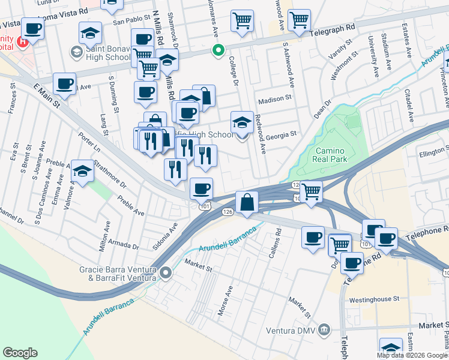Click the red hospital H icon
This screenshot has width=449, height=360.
click(x=22, y=42)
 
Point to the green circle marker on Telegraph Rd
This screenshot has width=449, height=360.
click(x=219, y=50)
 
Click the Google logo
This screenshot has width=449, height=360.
click(x=20, y=353)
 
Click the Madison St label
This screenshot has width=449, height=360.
click(x=274, y=97)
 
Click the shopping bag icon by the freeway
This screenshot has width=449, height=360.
click(x=247, y=202)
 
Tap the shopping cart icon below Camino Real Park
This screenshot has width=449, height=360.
click(x=311, y=192)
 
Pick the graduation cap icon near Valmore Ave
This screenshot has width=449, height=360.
click(x=82, y=171)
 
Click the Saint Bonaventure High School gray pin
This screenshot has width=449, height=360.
click(x=76, y=52)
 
